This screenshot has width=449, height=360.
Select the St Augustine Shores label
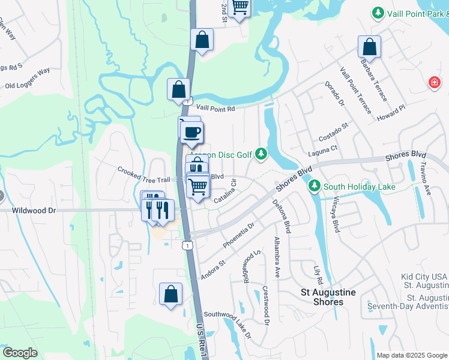click(x=328, y=297)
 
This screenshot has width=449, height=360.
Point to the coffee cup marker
click(x=191, y=132)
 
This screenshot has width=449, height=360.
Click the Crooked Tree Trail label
click(x=144, y=175)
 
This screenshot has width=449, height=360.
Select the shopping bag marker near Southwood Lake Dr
click(x=171, y=294)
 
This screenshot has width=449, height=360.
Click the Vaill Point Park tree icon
click(x=378, y=13)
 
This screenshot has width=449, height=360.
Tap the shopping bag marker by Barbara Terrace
click(x=369, y=47)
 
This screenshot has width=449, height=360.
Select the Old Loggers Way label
click(x=27, y=78)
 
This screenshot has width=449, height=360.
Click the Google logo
click(x=20, y=353)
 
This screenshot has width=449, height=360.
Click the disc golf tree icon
click(x=261, y=155)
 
